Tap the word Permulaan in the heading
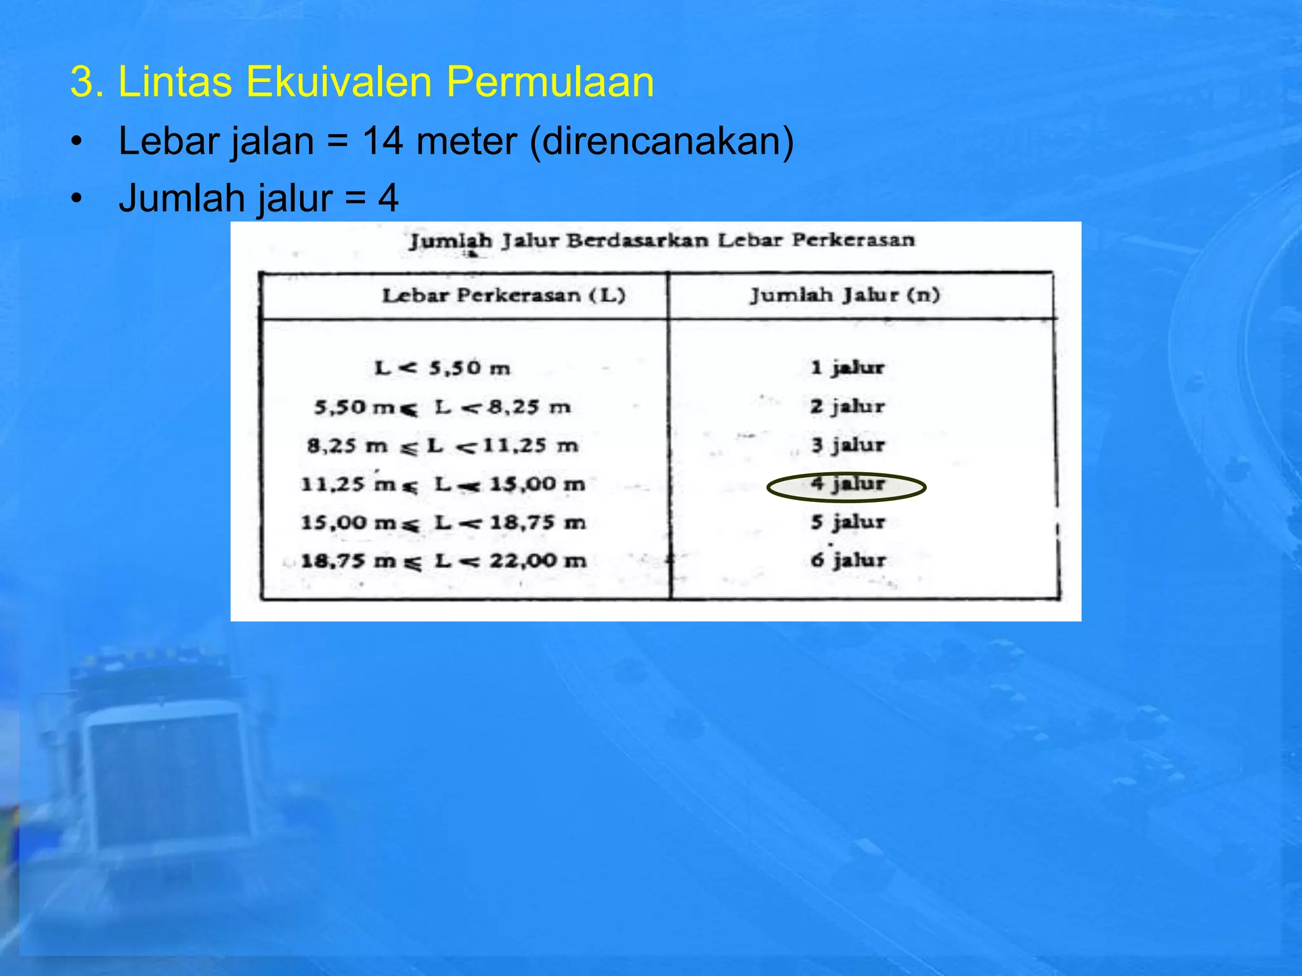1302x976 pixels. [550, 82]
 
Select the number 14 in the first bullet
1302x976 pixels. [382, 140]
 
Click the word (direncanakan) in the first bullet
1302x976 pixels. [661, 142]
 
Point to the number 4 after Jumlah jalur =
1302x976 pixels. [388, 198]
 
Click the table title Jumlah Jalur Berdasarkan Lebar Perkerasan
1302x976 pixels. [661, 241]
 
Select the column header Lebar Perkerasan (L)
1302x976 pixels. [504, 295]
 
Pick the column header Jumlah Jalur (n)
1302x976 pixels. [844, 295]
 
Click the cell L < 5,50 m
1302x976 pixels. [442, 368]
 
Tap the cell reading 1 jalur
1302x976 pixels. [847, 367]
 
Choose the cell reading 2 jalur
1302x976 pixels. [847, 406]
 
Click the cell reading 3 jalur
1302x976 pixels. [847, 445]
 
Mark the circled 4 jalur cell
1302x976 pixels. [847, 486]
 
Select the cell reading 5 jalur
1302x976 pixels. [847, 522]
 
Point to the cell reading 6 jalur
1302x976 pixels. [847, 560]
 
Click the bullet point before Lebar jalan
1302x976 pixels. [77, 142]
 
